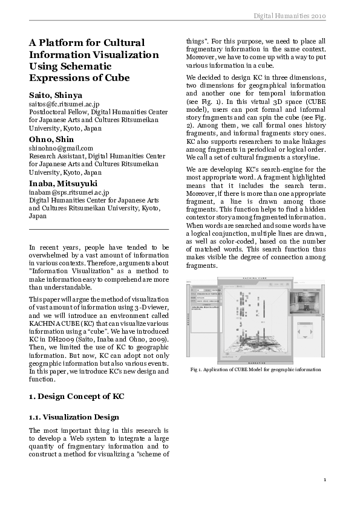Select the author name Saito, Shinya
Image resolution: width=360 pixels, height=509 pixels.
tap(56, 96)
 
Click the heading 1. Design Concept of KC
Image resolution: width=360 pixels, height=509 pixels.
tap(77, 396)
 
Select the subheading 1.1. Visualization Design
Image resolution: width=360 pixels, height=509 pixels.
tap(74, 417)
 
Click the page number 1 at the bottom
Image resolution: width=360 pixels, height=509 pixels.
tap(325, 480)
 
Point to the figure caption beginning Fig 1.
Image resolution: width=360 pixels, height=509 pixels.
tap(255, 369)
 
